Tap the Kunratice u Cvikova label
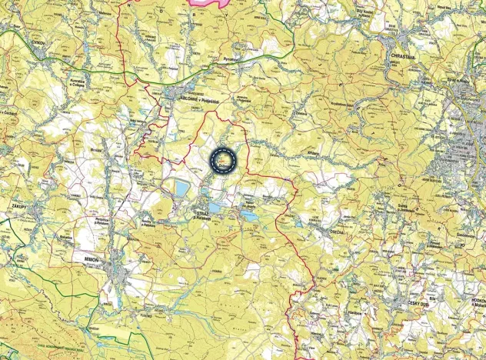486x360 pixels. (x=77, y=83)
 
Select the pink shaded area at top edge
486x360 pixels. (x=209, y=3)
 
